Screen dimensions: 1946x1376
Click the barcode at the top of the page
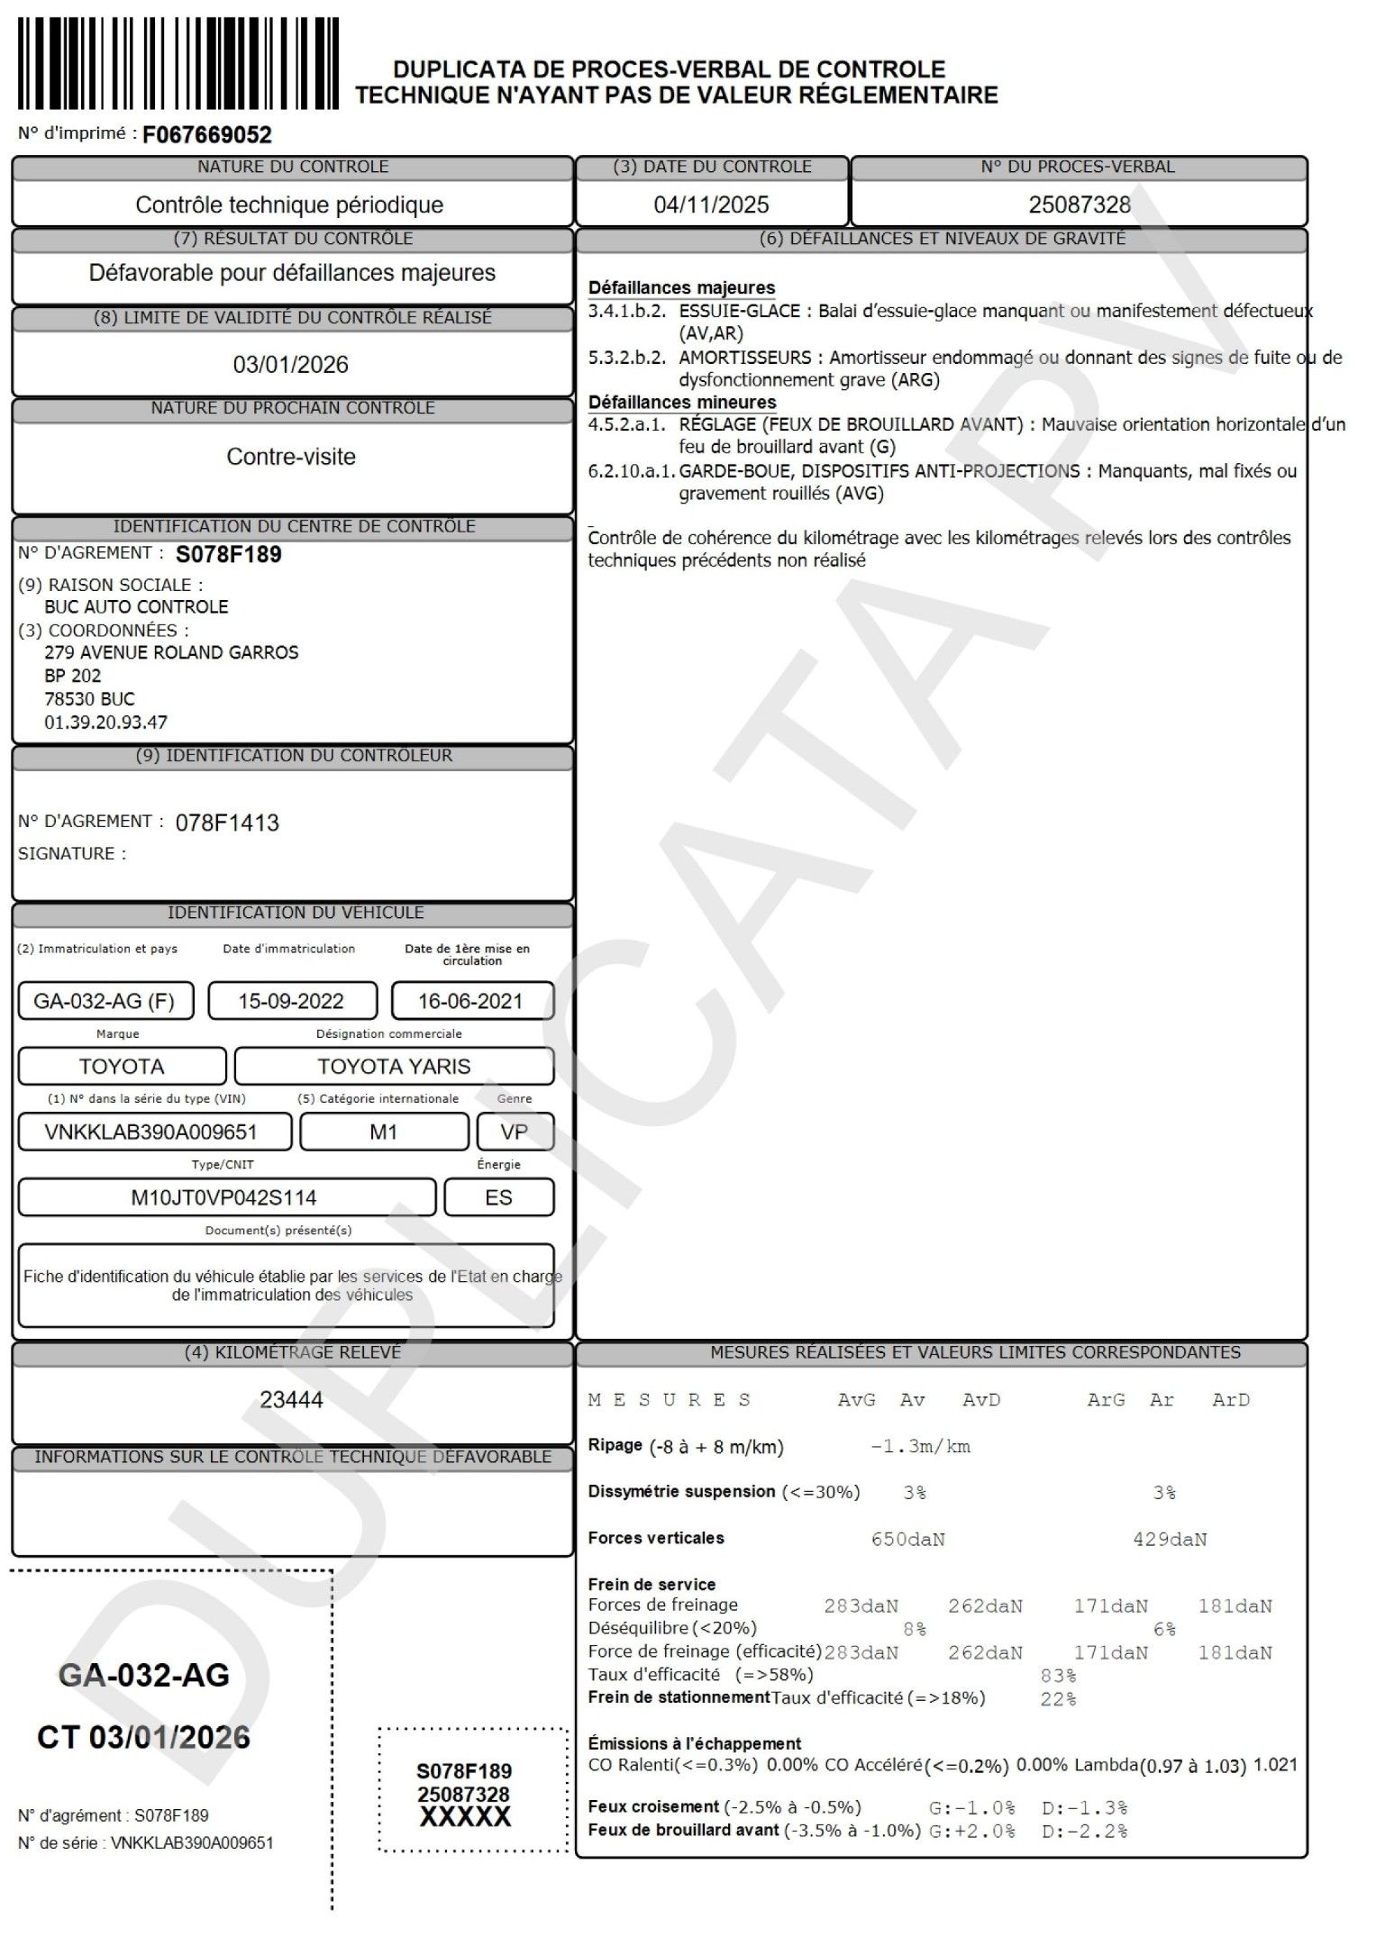tap(178, 63)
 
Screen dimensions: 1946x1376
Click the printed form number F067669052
tap(207, 135)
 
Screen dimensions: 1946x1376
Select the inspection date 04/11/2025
tap(711, 205)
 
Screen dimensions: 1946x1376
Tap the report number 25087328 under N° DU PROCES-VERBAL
tap(1079, 205)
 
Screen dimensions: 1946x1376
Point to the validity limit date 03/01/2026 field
tap(290, 364)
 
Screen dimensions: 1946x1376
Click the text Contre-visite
tap(290, 457)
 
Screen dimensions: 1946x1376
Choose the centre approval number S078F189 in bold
tap(228, 554)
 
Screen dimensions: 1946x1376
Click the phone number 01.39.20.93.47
tap(105, 722)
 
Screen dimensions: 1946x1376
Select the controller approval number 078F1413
tap(227, 823)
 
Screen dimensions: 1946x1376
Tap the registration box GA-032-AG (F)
tap(105, 1001)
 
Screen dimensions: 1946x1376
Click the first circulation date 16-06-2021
tap(471, 1001)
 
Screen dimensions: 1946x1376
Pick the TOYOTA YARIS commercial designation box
tap(394, 1067)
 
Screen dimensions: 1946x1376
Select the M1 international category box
tap(384, 1132)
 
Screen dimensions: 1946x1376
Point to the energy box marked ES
tap(498, 1197)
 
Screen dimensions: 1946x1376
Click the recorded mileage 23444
tap(290, 1399)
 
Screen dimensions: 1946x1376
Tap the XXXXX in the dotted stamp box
tap(465, 1817)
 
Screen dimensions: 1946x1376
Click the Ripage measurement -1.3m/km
tap(920, 1447)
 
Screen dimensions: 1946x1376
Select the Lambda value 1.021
tap(1275, 1765)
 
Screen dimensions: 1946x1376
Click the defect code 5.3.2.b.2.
tap(626, 358)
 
